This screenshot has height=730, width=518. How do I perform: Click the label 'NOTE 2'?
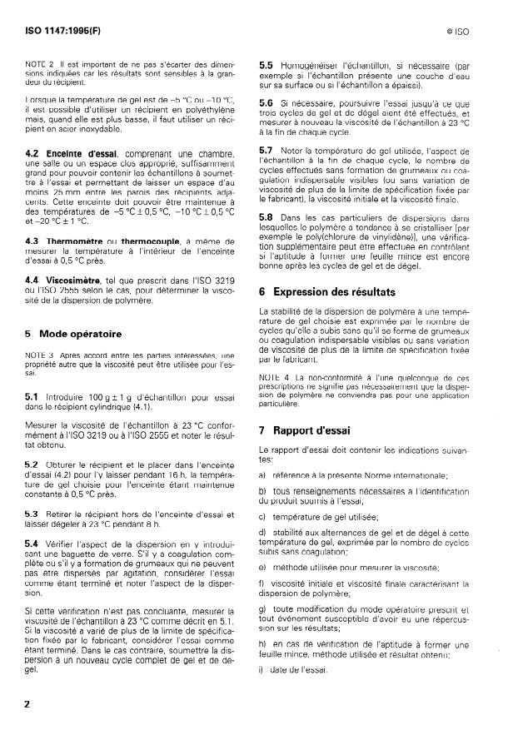pyautogui.click(x=38, y=63)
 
